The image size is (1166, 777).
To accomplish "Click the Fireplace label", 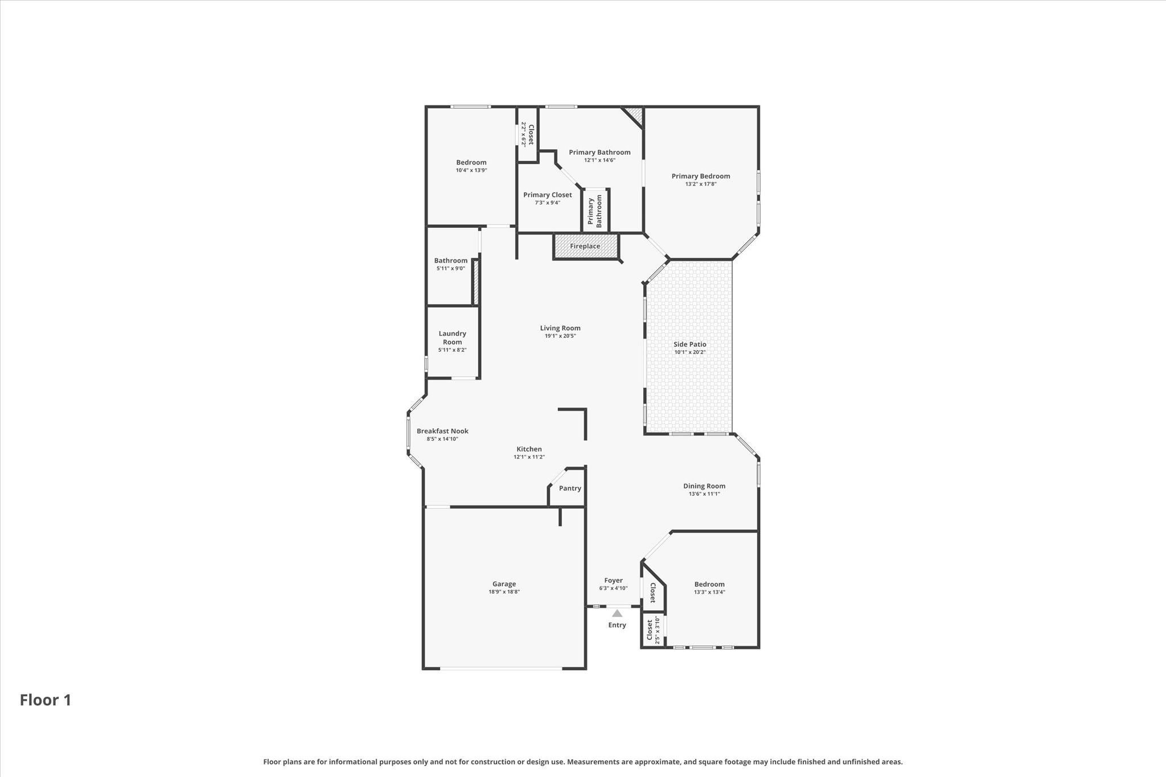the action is click(x=585, y=246).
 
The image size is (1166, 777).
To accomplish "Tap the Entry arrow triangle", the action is click(x=617, y=613).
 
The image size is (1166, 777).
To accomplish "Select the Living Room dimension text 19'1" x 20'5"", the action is click(x=561, y=336).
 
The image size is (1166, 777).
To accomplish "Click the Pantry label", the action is click(x=570, y=488).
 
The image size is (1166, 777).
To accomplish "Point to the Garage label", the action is click(x=504, y=583).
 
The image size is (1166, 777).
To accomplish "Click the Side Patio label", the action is click(x=690, y=344).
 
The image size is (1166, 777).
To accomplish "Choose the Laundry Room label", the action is click(x=453, y=338).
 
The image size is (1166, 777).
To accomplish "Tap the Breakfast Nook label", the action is click(x=442, y=431).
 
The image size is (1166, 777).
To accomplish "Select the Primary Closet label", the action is click(x=548, y=195).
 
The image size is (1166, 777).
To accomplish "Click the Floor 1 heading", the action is click(x=46, y=700).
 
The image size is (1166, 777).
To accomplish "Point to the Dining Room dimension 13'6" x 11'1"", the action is click(x=704, y=494).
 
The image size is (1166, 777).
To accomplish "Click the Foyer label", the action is click(x=614, y=581).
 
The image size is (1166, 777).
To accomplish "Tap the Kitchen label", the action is click(x=529, y=449).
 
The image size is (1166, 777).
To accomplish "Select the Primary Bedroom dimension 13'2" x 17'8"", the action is click(x=701, y=184).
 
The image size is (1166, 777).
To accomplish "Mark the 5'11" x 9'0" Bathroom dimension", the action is click(x=451, y=268).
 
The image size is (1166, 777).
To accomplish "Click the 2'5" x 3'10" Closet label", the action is click(x=653, y=630).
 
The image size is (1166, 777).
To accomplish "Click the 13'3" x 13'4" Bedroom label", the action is click(x=709, y=584).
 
